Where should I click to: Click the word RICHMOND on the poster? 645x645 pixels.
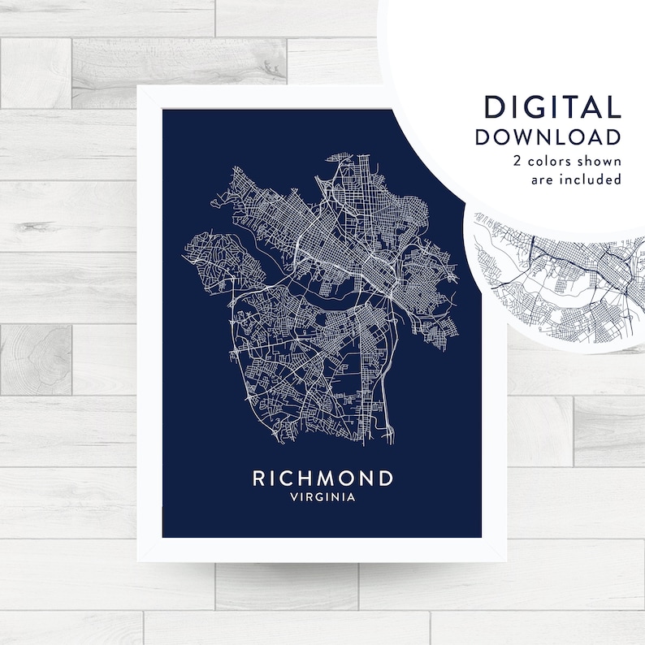(x=322, y=478)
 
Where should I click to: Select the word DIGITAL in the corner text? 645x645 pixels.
(x=552, y=107)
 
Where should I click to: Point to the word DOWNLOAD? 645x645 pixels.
(x=548, y=136)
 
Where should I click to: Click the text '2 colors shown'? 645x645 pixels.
(x=566, y=160)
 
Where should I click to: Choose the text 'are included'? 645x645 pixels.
(x=576, y=179)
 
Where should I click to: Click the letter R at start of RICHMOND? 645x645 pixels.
(x=259, y=478)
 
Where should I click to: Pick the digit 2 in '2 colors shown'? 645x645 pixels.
(x=517, y=160)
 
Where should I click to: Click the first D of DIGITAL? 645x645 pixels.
(x=493, y=107)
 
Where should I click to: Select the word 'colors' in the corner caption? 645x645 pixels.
(x=551, y=160)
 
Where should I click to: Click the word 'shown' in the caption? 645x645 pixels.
(x=600, y=160)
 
